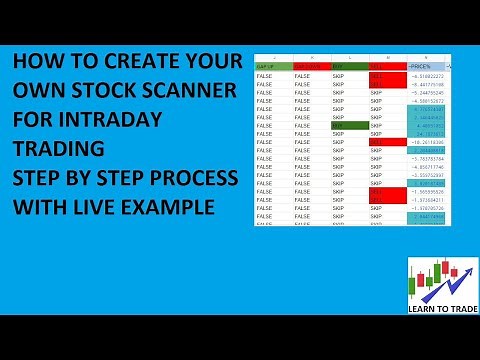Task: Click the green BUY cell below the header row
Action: click(x=349, y=125)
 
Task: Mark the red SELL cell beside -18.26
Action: click(x=387, y=143)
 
